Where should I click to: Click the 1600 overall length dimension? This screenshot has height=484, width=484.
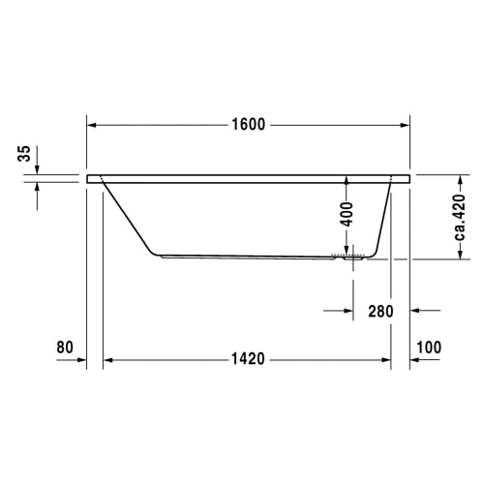pyautogui.click(x=249, y=125)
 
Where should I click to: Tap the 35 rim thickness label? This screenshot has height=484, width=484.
pyautogui.click(x=24, y=154)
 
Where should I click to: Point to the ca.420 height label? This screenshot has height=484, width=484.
pyautogui.click(x=460, y=217)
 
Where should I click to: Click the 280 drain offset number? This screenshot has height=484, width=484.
pyautogui.click(x=380, y=312)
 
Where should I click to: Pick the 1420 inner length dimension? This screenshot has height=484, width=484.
pyautogui.click(x=248, y=359)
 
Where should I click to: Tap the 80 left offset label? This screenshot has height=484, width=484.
pyautogui.click(x=65, y=348)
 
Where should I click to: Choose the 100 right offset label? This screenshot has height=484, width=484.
pyautogui.click(x=429, y=348)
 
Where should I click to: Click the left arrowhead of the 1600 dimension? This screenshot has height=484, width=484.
pyautogui.click(x=92, y=125)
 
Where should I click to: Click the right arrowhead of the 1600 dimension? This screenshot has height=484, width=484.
pyautogui.click(x=405, y=125)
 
